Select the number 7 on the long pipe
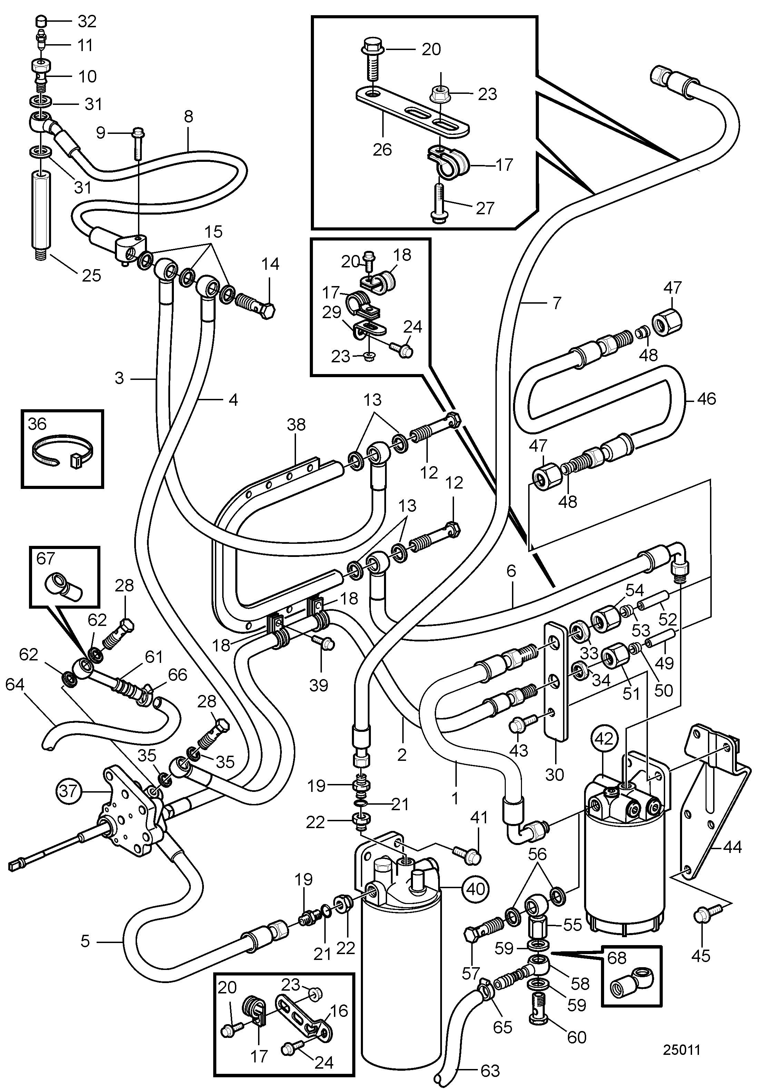(556, 302)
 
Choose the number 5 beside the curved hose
(85, 941)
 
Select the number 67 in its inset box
(46, 558)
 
